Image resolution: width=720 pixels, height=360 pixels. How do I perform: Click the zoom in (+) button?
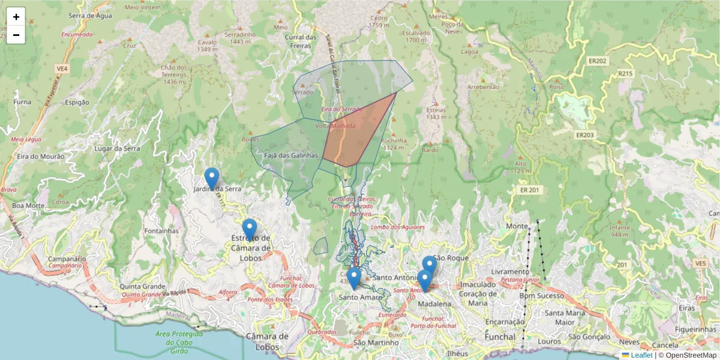(16, 17)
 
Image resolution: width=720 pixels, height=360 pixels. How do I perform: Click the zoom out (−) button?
(16, 35)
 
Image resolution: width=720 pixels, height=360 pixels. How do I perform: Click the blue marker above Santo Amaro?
(354, 278)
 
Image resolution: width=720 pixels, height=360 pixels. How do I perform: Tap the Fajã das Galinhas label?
(290, 155)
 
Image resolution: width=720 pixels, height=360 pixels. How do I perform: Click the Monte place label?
(517, 226)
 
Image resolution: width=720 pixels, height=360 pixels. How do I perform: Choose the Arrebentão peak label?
(483, 86)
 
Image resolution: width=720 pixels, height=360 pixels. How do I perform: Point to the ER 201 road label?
(527, 190)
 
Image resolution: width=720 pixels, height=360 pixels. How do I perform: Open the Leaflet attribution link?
(641, 355)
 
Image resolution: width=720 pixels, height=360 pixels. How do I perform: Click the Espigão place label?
(76, 102)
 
